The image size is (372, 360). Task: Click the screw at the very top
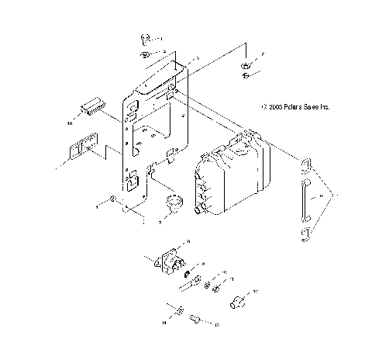tap(145, 38)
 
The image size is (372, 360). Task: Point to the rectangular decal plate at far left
tap(79, 147)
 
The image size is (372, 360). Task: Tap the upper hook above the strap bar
tap(305, 165)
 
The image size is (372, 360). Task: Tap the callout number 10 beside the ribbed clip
tap(69, 123)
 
